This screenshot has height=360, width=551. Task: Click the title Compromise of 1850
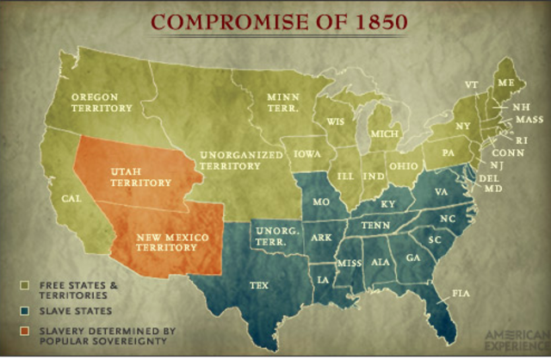coord(275,21)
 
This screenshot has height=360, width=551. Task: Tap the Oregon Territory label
coord(102,102)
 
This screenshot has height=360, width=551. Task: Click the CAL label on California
coord(71,199)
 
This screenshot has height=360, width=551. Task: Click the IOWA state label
coord(308,156)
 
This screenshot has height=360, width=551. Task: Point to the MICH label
coord(381,137)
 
